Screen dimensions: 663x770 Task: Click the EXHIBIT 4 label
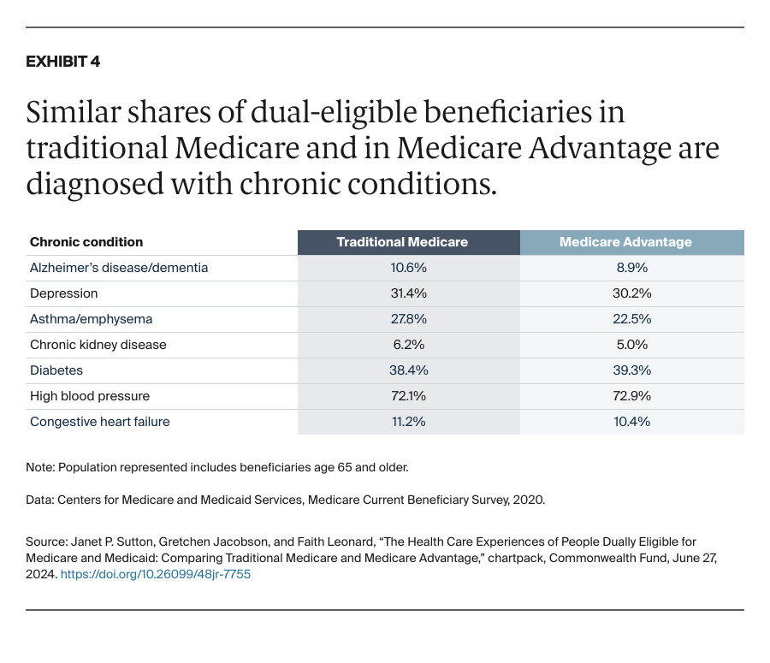(x=63, y=62)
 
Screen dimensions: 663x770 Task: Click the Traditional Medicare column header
(x=402, y=242)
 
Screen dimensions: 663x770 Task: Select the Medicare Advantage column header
(x=625, y=242)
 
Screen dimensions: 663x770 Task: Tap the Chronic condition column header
(x=86, y=242)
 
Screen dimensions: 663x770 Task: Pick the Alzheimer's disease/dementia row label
(x=119, y=268)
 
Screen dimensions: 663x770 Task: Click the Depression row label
(x=64, y=293)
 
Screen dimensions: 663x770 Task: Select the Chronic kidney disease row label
(x=98, y=345)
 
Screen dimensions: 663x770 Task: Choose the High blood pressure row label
(x=90, y=396)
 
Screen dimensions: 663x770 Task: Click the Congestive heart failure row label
(x=100, y=422)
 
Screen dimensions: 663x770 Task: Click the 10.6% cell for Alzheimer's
(x=408, y=268)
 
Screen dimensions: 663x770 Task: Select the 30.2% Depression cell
(x=632, y=293)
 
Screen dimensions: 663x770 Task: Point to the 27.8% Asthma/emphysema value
(x=408, y=319)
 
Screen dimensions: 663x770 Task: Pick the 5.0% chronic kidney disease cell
(x=632, y=345)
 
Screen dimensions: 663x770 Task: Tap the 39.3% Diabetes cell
(x=632, y=370)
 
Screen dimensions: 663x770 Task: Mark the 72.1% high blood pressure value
(x=408, y=396)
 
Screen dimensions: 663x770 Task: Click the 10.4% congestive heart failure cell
(x=632, y=422)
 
